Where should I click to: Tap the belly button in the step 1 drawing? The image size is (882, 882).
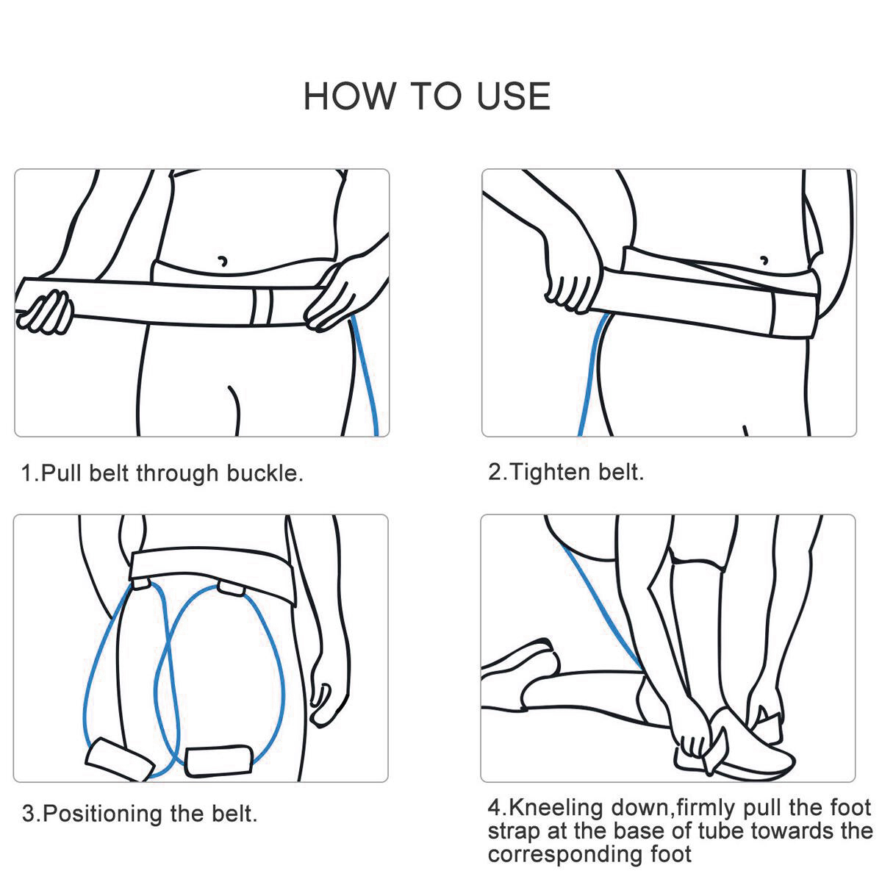pos(222,260)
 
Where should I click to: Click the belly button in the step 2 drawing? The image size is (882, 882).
pos(764,259)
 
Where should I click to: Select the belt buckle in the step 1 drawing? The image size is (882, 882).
pos(262,306)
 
